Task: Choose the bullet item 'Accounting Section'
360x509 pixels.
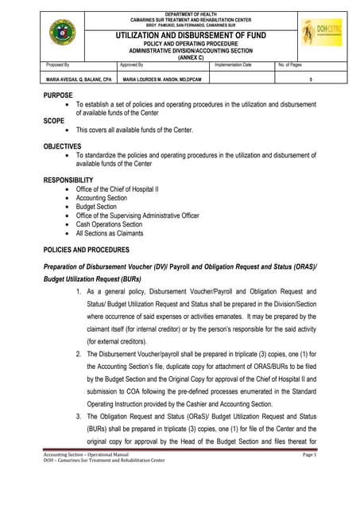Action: tap(101, 198)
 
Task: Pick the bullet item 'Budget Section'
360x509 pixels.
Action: tap(96, 207)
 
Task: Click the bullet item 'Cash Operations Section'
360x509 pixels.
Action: tap(109, 224)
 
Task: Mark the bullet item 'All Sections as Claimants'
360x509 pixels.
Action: tap(110, 233)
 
